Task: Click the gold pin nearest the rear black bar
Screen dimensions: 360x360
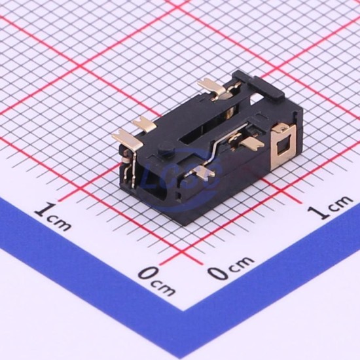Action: pos(211,88)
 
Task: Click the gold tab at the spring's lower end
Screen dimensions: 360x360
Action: pos(202,171)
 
